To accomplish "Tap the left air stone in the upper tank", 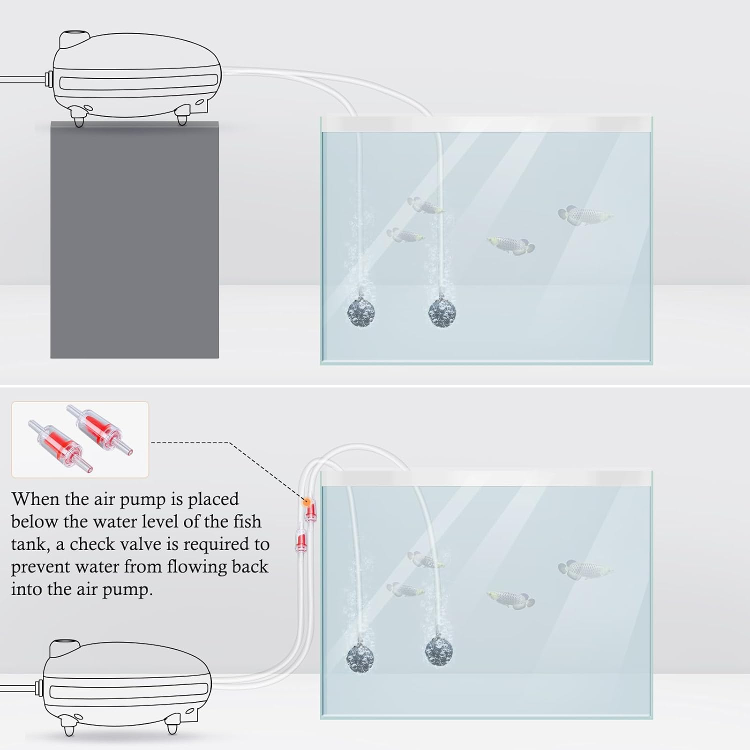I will coord(360,312).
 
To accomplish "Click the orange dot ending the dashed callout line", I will coord(304,501).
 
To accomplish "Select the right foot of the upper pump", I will coord(182,119).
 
